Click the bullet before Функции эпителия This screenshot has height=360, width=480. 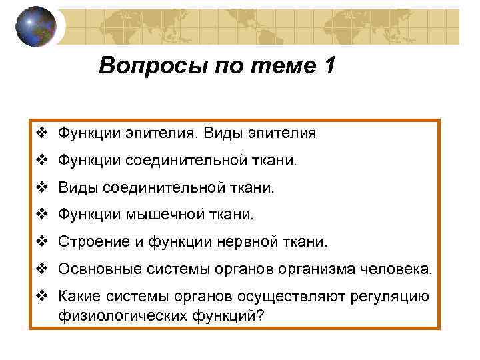[42, 133]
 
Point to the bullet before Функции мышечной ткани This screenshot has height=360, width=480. [42, 215]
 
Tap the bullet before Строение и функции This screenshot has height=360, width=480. [42, 242]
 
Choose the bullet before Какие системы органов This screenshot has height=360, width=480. [42, 297]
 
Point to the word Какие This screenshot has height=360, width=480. [77, 297]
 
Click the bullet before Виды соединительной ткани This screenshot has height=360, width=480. [42, 187]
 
